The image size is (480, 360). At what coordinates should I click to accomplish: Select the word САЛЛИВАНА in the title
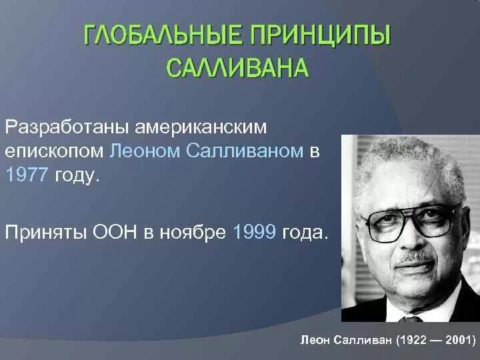pyautogui.click(x=237, y=67)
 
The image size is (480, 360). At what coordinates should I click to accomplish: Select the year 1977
pyautogui.click(x=25, y=176)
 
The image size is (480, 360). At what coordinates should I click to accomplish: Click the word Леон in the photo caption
pyautogui.click(x=316, y=339)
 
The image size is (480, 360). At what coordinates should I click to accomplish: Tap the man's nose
pyautogui.click(x=412, y=240)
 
